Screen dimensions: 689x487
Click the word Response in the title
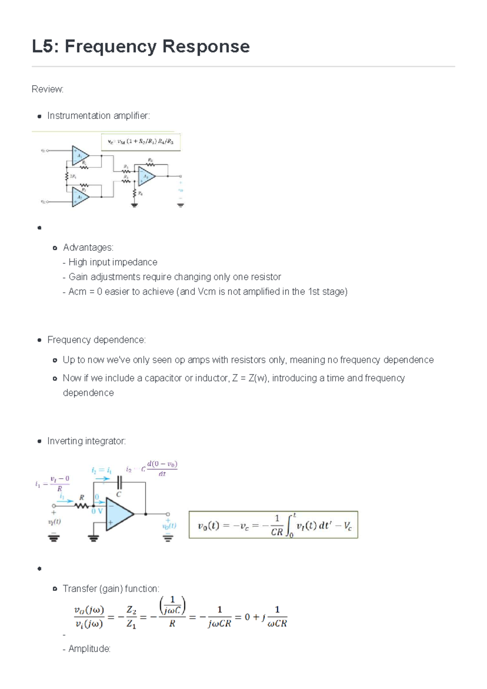pyautogui.click(x=206, y=46)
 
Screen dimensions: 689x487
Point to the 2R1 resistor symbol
pyautogui.click(x=67, y=177)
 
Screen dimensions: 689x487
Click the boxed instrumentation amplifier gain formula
pyautogui.click(x=140, y=142)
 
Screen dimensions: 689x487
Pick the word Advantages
pyautogui.click(x=88, y=248)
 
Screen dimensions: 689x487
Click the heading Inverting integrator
pyautogui.click(x=86, y=441)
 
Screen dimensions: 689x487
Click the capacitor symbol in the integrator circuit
pyautogui.click(x=119, y=483)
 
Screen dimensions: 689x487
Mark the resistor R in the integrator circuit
pyautogui.click(x=82, y=506)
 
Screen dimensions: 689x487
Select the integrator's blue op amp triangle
pyautogui.click(x=119, y=514)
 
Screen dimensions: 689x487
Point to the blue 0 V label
pyautogui.click(x=97, y=511)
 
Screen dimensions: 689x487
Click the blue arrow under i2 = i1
pyautogui.click(x=102, y=479)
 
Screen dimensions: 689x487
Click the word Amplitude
pyautogui.click(x=89, y=649)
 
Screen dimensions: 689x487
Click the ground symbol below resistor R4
pyautogui.click(x=134, y=205)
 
